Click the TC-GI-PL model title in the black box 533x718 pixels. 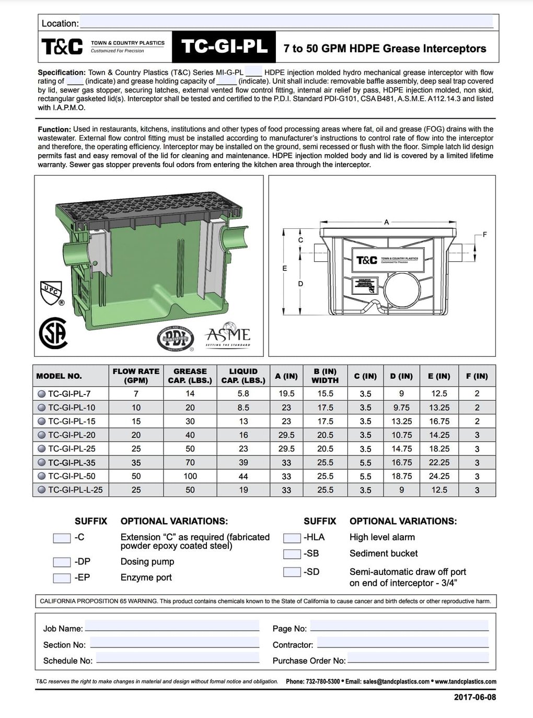[225, 48]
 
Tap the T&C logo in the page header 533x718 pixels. [62, 48]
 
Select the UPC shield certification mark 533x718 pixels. [51, 293]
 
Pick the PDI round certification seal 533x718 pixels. [175, 339]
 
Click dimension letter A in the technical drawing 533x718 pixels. [387, 222]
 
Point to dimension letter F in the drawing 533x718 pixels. [485, 235]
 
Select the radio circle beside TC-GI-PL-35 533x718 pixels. [41, 462]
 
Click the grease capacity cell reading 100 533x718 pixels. [190, 476]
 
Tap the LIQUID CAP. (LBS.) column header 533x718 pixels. [243, 376]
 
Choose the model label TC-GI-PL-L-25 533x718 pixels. [75, 490]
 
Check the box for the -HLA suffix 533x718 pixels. [292, 538]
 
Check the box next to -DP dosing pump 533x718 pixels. [62, 562]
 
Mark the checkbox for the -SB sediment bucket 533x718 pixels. [292, 554]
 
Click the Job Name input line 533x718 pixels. [172, 627]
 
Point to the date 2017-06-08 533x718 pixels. [475, 697]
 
